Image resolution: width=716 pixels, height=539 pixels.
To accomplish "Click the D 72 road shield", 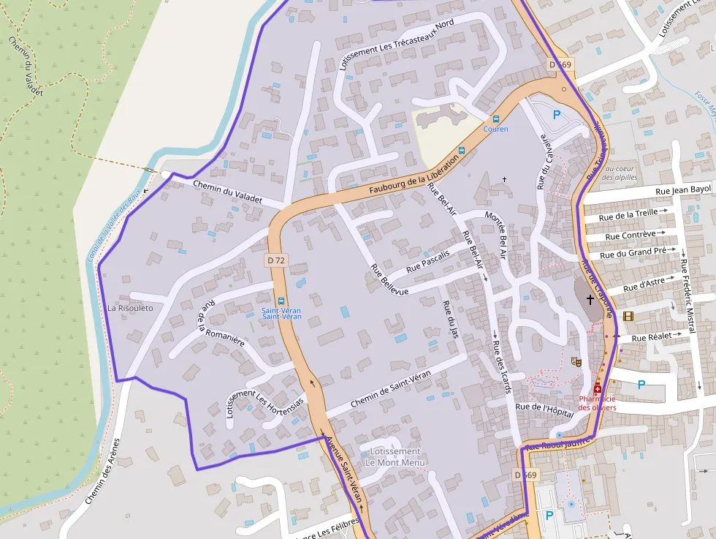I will point(276,260).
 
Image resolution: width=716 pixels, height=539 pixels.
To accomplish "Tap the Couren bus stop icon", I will point(496,118).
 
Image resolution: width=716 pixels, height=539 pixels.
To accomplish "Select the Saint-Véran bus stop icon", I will point(281,301).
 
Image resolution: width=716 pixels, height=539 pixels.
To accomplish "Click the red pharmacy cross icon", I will point(597,388).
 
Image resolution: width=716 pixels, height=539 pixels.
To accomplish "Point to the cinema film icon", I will point(628,316).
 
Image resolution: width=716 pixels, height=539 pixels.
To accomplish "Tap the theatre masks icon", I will point(576,361).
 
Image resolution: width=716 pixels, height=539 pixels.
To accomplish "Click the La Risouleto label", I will point(130,308).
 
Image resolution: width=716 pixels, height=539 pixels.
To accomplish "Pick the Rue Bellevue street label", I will point(389,279).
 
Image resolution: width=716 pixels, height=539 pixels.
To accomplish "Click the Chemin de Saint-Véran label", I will point(390,389).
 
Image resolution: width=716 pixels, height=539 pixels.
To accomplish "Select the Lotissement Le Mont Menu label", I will point(395,457).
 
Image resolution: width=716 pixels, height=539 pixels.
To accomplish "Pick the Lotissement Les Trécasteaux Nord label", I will point(397,45).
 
